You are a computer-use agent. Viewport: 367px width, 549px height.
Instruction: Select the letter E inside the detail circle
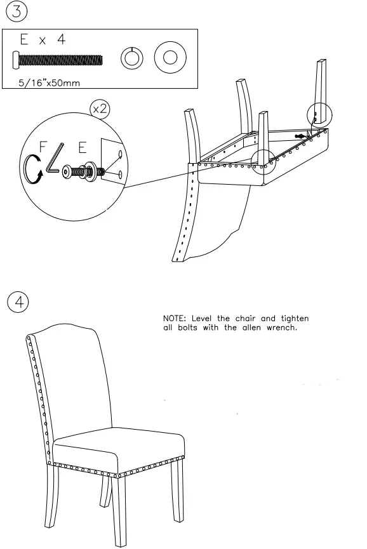[82, 147]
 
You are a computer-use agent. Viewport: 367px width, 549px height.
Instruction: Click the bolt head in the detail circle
[68, 171]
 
